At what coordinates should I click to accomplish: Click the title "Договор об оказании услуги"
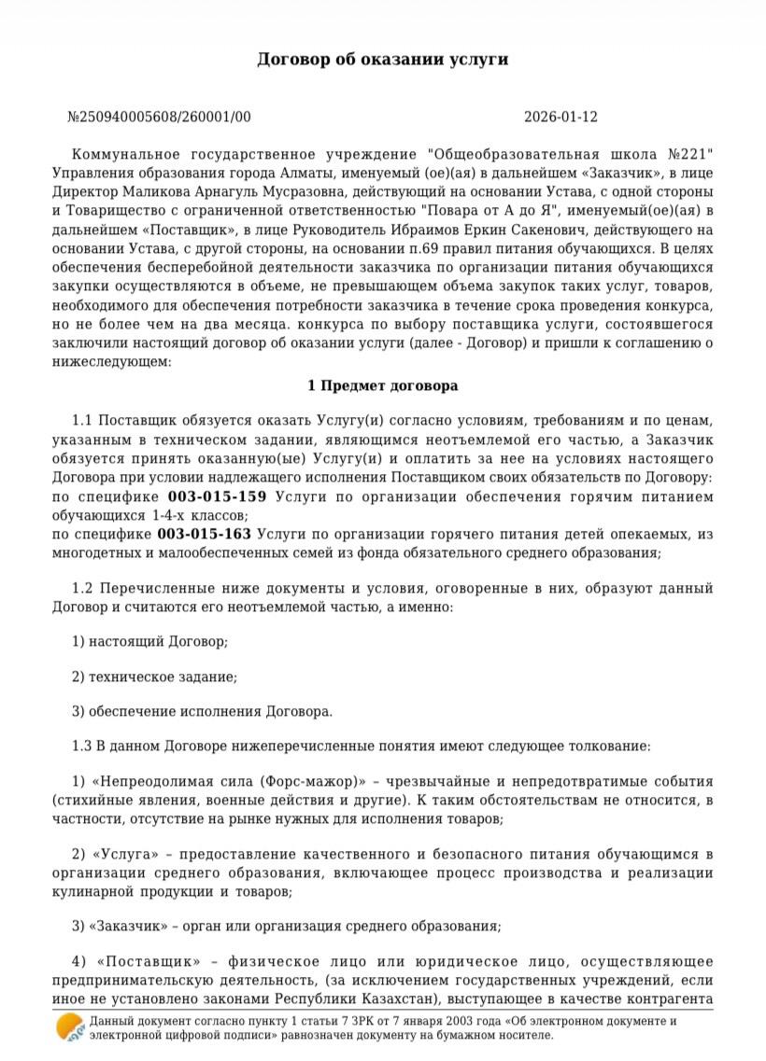point(383,59)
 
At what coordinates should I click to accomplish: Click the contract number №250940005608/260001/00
point(159,118)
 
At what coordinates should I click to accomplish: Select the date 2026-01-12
point(560,118)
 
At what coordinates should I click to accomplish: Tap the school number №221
point(690,153)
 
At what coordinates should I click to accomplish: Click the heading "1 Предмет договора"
point(383,385)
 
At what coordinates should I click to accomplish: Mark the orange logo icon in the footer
point(69,1028)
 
